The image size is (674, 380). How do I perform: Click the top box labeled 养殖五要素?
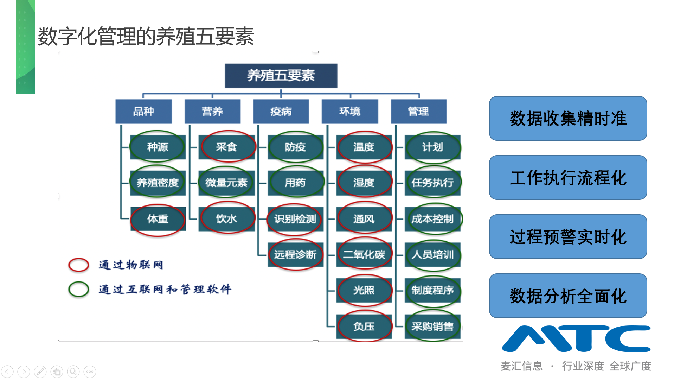(x=281, y=76)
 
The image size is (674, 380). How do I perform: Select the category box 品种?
(x=143, y=112)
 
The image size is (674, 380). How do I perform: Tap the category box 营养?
(x=212, y=112)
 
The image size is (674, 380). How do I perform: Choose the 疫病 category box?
(x=281, y=112)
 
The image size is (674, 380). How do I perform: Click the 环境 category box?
(x=350, y=112)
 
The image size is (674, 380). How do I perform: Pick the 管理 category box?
(x=419, y=112)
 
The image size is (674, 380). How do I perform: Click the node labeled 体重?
(x=158, y=219)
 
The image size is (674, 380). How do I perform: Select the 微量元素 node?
(x=226, y=183)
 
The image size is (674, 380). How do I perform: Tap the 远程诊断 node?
(x=295, y=254)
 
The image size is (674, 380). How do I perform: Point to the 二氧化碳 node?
(x=364, y=254)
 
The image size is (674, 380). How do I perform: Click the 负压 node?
(x=364, y=327)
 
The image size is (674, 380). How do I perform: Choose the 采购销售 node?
(x=433, y=327)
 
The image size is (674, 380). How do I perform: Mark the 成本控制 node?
(x=433, y=219)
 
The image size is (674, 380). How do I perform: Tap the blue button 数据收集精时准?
(x=568, y=119)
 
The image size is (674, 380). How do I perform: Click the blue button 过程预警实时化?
(x=568, y=237)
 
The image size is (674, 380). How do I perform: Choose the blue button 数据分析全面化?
(x=568, y=296)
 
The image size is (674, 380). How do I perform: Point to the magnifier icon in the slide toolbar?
(x=73, y=372)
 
